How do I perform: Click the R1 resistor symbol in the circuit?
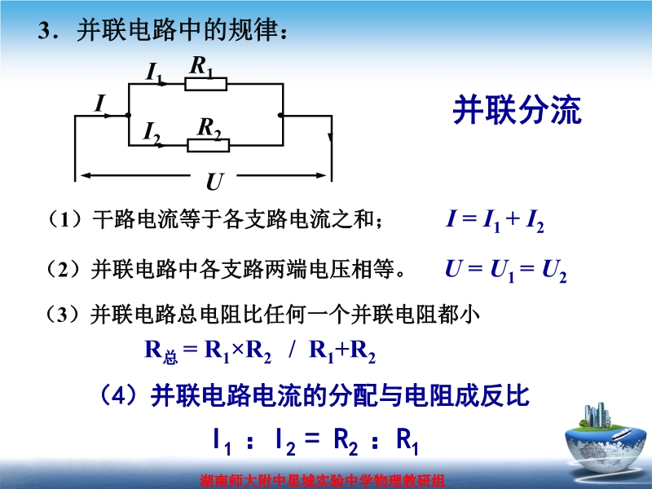[x=206, y=84]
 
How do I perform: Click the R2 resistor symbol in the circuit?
[x=209, y=145]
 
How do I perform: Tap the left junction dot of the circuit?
[x=129, y=115]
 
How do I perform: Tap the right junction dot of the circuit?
[x=281, y=115]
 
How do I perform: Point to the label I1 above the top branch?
[x=154, y=73]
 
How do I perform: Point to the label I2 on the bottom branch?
[x=152, y=133]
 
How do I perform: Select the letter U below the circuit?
[x=215, y=182]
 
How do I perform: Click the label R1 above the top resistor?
[x=201, y=67]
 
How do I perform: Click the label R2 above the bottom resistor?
[x=209, y=128]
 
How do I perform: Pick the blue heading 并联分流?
[x=517, y=110]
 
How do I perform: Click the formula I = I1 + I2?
[x=495, y=219]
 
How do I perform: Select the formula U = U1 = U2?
[x=505, y=271]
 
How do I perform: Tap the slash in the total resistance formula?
[x=292, y=349]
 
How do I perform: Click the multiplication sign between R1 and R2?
[x=237, y=350]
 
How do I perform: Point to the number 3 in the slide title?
[x=44, y=30]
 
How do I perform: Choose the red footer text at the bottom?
[x=322, y=481]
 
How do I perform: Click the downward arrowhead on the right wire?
[x=331, y=137]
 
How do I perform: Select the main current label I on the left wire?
[x=99, y=104]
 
